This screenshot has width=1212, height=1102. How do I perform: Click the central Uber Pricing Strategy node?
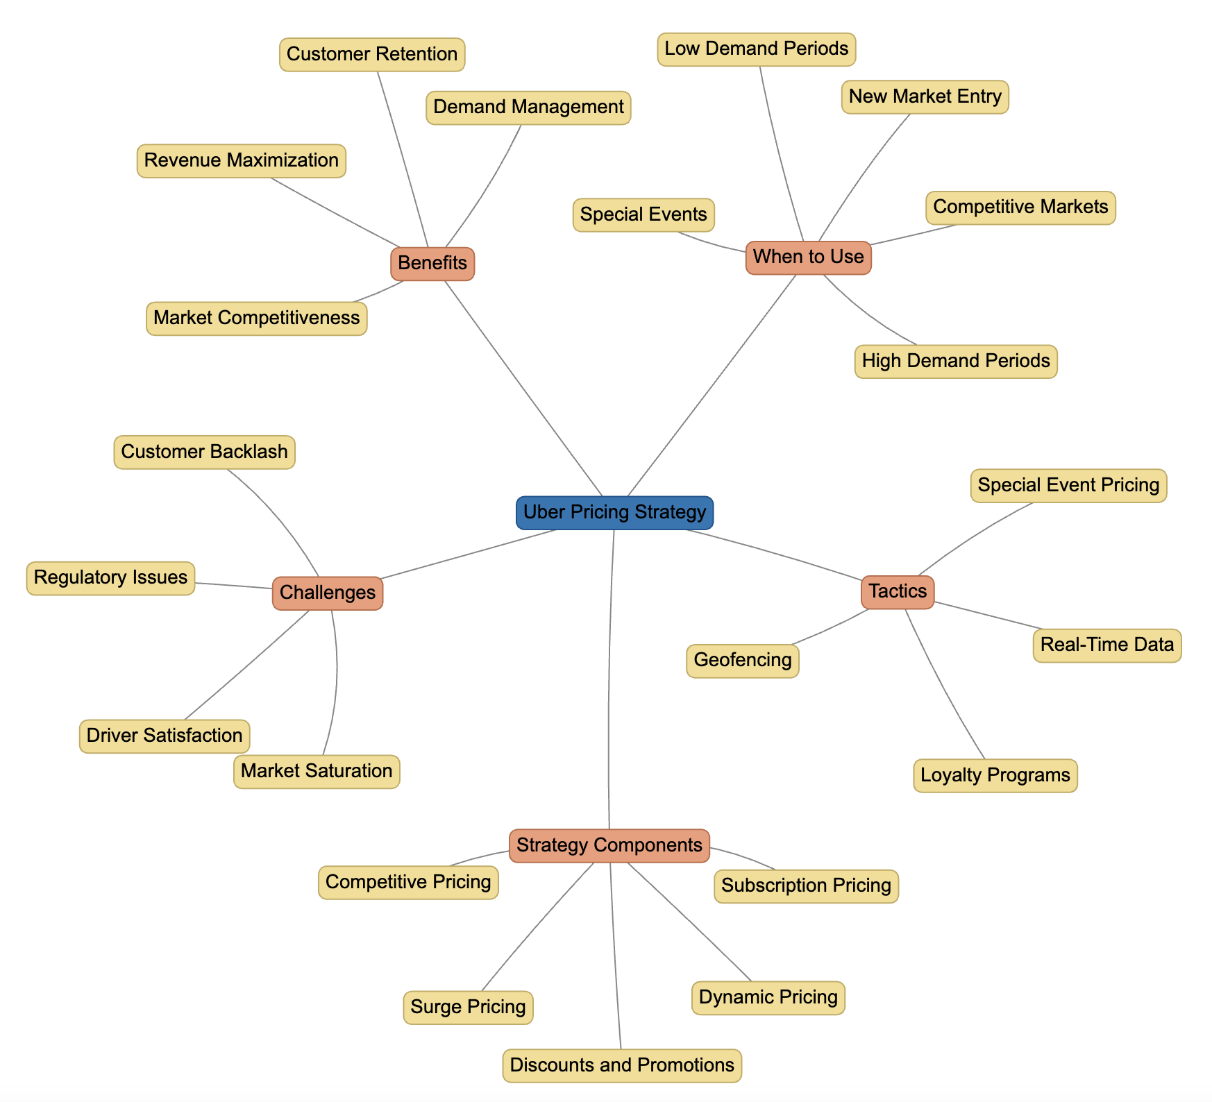[614, 513]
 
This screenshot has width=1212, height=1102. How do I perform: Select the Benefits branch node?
[432, 264]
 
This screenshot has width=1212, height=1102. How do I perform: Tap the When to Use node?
[808, 257]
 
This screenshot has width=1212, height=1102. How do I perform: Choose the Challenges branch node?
[328, 593]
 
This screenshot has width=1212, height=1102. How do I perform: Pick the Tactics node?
[898, 592]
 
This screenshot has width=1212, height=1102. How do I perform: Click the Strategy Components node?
[609, 845]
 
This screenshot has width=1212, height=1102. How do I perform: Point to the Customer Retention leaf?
[372, 54]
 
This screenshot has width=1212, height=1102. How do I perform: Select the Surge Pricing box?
[468, 1007]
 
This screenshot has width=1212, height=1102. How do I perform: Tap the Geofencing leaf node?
[743, 660]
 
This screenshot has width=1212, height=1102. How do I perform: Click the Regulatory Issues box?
[110, 578]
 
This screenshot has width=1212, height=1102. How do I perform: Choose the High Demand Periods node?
[956, 362]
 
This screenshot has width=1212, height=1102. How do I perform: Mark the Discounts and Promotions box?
[622, 1065]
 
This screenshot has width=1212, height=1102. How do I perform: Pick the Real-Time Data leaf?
[1106, 645]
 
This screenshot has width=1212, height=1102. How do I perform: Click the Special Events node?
[643, 214]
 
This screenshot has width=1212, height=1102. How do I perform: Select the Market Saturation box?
[317, 772]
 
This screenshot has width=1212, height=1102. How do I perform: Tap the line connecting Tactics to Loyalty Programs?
[944, 684]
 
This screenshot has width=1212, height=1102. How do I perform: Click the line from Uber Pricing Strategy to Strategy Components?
[609, 680]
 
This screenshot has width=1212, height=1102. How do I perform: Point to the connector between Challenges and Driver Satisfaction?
[248, 664]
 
